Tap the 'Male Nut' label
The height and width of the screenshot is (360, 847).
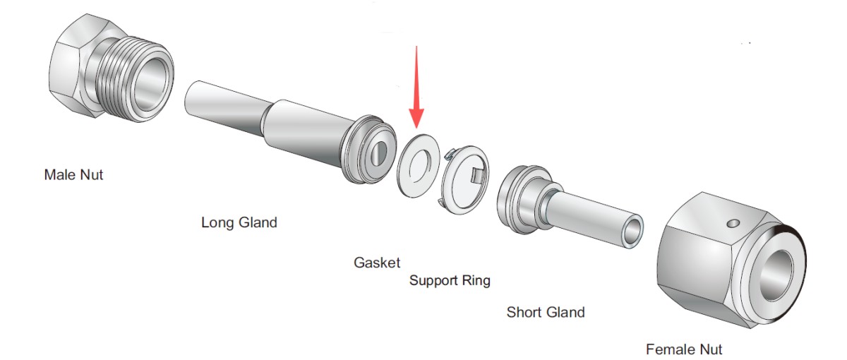click(73, 174)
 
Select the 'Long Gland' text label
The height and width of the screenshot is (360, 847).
click(239, 222)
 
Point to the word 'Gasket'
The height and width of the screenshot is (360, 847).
click(377, 263)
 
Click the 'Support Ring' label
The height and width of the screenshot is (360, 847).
click(450, 280)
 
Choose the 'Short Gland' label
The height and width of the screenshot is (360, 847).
click(546, 311)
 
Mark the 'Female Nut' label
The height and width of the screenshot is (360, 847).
click(684, 349)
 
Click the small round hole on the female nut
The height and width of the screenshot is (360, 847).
click(734, 223)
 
